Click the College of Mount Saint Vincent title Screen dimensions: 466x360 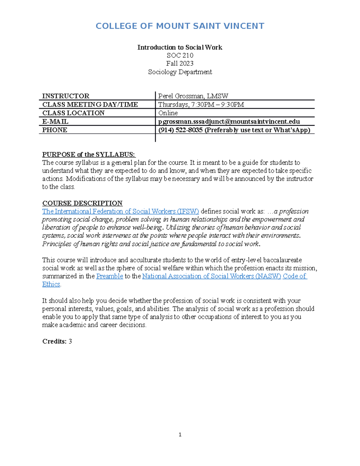(x=180, y=26)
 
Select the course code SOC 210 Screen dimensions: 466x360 (x=180, y=56)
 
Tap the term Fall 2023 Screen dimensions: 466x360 (x=180, y=64)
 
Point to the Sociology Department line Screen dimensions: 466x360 (x=180, y=72)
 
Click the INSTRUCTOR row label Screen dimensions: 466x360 (x=66, y=96)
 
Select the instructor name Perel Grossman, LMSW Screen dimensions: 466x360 (x=193, y=96)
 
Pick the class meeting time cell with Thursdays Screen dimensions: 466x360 (x=201, y=104)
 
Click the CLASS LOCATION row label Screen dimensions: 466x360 (x=73, y=113)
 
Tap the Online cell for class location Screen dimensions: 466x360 (x=168, y=113)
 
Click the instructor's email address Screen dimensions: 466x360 (x=229, y=122)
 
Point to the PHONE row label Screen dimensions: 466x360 (x=55, y=130)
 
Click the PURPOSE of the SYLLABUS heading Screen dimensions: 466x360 (x=89, y=155)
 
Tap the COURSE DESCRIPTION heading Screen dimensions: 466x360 (x=82, y=203)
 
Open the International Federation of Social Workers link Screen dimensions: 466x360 (x=120, y=211)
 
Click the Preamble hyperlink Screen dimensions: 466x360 (x=109, y=276)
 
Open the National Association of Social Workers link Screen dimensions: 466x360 (x=211, y=276)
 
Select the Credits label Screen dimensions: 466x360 (x=54, y=341)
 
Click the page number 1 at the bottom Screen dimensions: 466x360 (x=180, y=434)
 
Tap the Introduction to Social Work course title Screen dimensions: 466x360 (x=180, y=47)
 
